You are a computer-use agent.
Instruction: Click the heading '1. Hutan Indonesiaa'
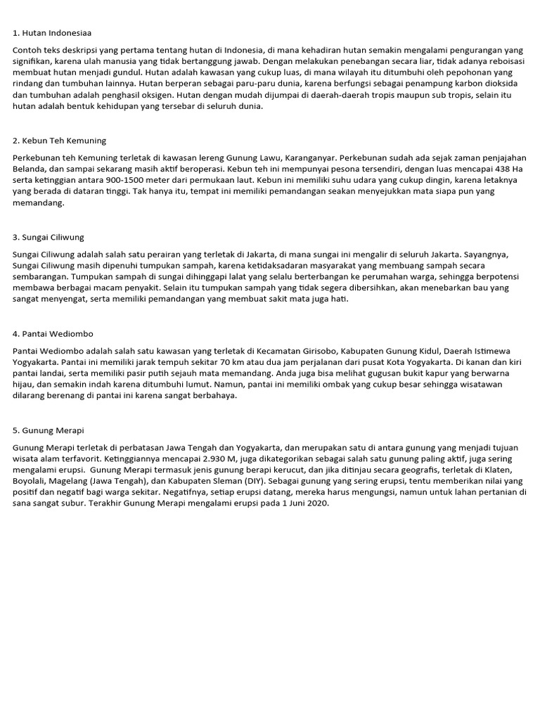coord(52,32)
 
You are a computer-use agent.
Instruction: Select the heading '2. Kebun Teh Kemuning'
coord(59,141)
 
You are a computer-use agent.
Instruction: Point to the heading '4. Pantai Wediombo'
coord(53,333)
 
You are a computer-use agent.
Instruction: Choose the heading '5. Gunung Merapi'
coord(49,430)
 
